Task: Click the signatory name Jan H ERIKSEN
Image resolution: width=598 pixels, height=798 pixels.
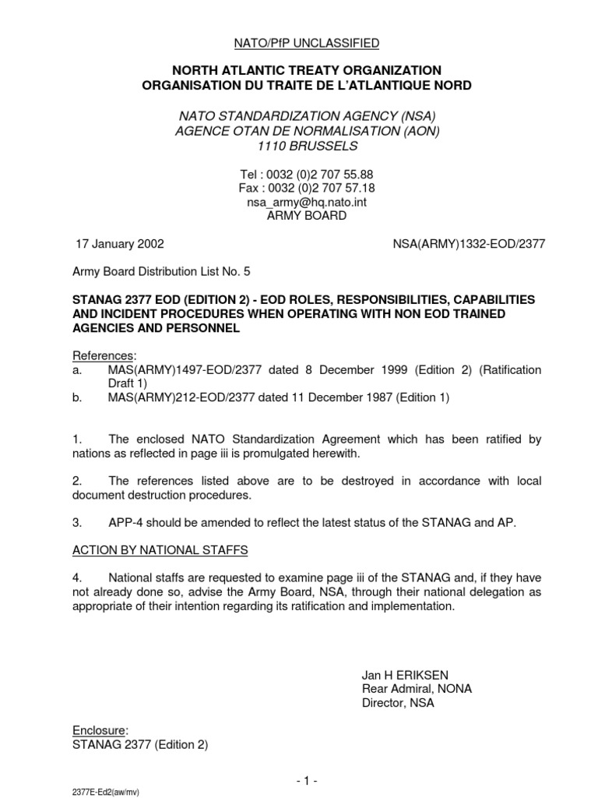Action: click(403, 674)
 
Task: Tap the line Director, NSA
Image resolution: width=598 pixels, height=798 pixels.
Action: click(399, 702)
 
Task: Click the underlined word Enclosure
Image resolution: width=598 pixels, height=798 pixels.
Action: click(99, 730)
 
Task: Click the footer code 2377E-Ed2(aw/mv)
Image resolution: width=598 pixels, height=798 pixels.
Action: click(104, 790)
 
